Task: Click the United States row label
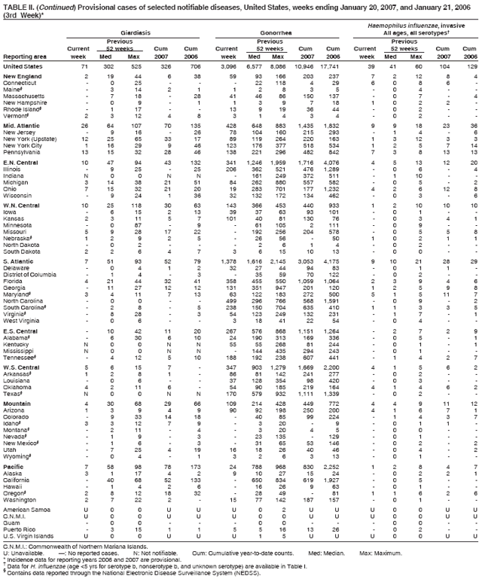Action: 23,67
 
